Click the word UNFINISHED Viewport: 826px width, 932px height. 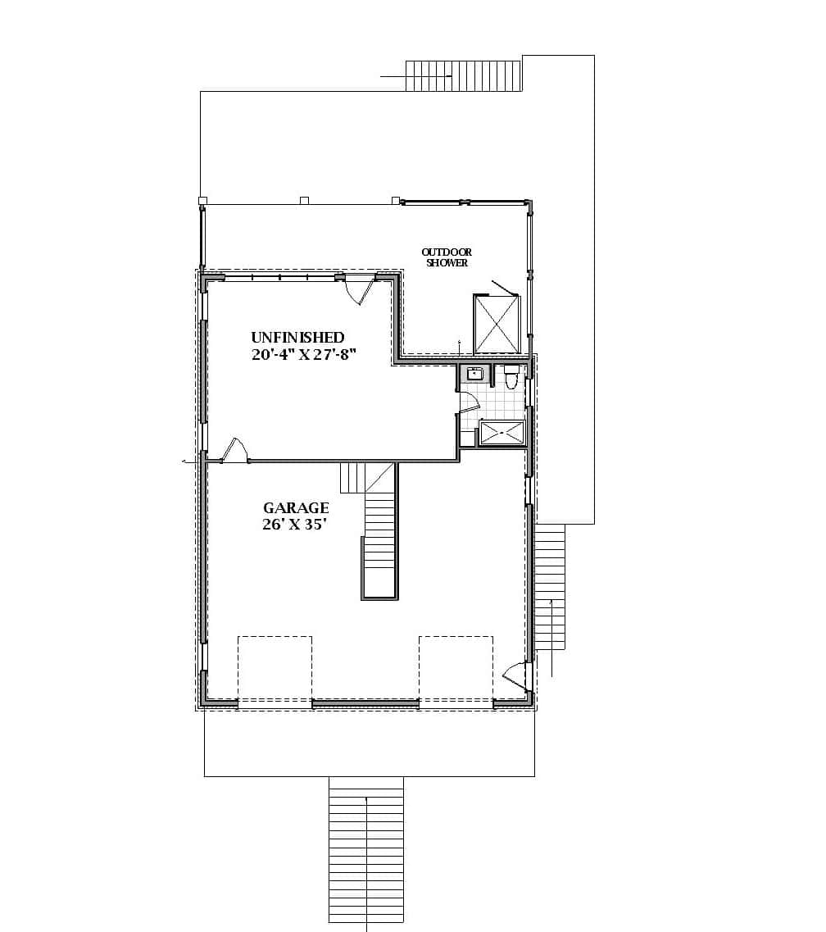[297, 337]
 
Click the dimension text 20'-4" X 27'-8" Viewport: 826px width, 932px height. [306, 355]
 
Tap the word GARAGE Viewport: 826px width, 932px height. [296, 508]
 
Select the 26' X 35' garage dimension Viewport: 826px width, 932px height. [295, 525]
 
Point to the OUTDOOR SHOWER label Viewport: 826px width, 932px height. [447, 257]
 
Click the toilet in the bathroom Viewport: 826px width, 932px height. [511, 378]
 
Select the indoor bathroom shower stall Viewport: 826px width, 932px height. [501, 432]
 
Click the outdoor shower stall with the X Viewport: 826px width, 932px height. [497, 323]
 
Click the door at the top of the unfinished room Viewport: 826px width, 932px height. [359, 290]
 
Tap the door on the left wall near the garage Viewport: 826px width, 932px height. [234, 452]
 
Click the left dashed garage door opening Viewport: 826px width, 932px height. [275, 669]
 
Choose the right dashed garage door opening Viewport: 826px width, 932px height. [456, 669]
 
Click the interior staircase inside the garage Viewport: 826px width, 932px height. [379, 541]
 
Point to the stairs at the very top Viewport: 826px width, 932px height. [464, 75]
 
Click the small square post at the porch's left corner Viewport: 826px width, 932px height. [202, 200]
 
